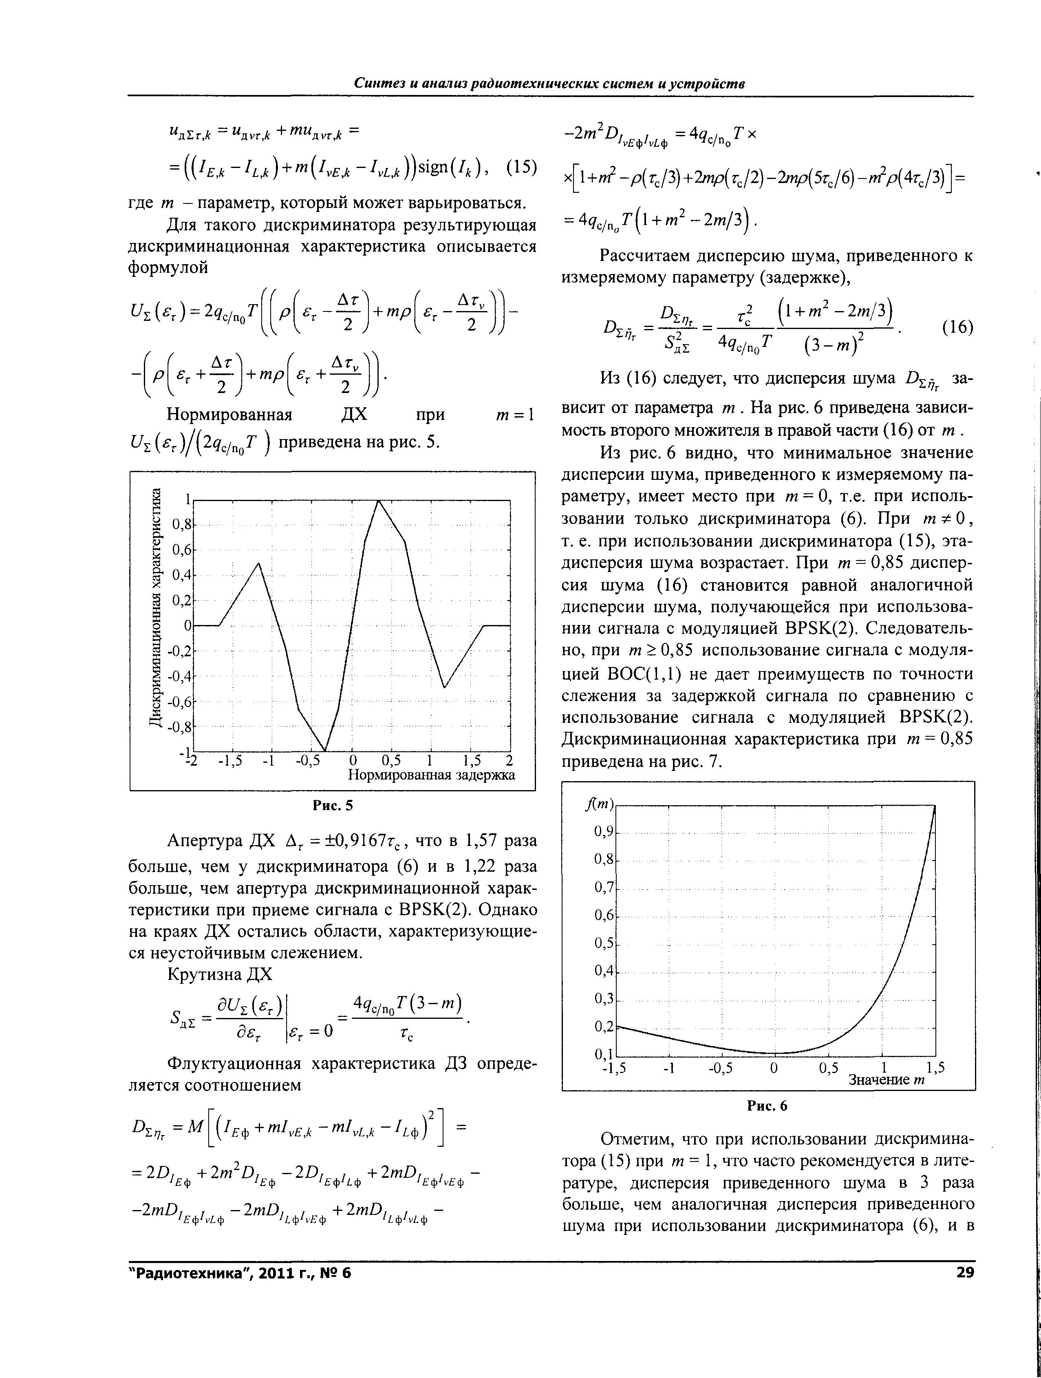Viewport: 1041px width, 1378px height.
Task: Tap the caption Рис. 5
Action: (x=332, y=806)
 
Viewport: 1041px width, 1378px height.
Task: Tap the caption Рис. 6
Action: (x=768, y=1106)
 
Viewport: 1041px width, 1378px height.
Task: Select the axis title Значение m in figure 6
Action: (x=887, y=1080)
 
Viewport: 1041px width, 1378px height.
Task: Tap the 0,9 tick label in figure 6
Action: (x=604, y=832)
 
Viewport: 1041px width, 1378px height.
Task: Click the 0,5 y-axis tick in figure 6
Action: (x=604, y=943)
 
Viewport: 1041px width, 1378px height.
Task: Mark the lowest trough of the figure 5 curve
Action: (x=324, y=751)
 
